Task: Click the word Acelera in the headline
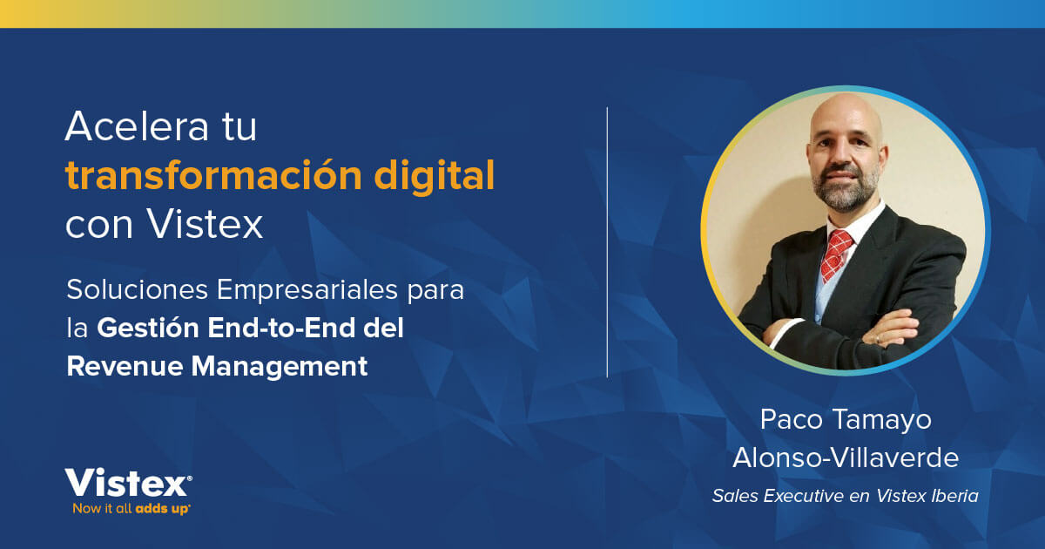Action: click(129, 128)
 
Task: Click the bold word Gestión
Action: click(148, 329)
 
